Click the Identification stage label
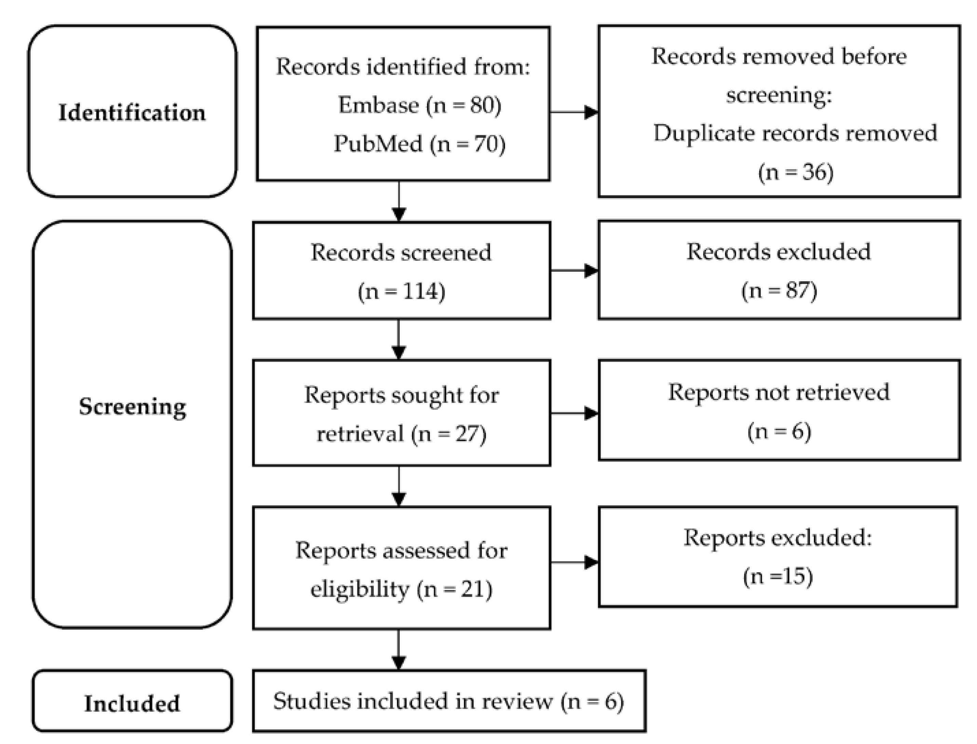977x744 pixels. coord(132,112)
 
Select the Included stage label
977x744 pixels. coord(132,703)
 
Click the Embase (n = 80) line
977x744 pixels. coord(419,105)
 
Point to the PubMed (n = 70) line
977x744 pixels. coord(419,144)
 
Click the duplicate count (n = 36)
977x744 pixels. coord(796,172)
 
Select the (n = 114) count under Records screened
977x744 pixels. coord(401,292)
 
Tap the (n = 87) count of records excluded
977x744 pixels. coord(778,290)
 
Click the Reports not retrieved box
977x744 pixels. coord(778,410)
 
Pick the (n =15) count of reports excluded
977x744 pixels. coord(778,576)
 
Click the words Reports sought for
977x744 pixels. coord(401,395)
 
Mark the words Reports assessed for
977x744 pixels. coord(401,551)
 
